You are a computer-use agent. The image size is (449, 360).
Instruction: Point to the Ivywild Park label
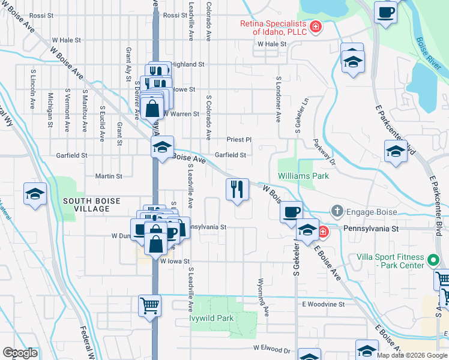(211, 318)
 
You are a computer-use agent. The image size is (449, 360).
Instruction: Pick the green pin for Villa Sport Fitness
(433, 261)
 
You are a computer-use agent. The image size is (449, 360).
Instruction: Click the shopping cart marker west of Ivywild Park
(149, 304)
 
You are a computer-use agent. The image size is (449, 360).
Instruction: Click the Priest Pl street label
(238, 139)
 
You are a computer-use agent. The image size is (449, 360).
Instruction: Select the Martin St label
(109, 176)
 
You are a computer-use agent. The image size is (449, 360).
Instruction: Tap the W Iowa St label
(175, 262)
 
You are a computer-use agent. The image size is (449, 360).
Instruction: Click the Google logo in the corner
(20, 353)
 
